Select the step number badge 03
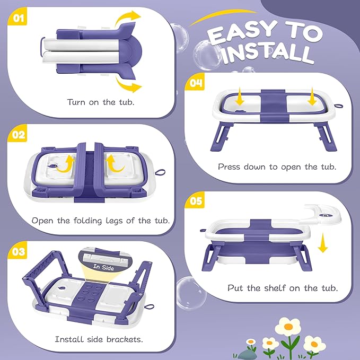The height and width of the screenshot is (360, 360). (x=19, y=253)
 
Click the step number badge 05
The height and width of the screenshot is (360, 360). (x=195, y=202)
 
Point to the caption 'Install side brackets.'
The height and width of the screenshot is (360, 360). (x=99, y=339)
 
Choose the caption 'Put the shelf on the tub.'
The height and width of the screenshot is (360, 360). (x=283, y=288)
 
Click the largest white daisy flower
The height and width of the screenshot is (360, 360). (x=289, y=327)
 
